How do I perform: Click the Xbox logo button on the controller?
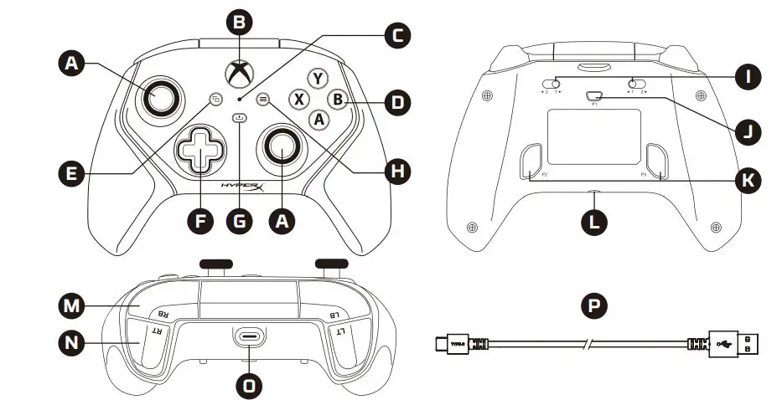[241, 71]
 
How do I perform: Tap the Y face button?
[316, 78]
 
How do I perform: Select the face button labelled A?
[318, 119]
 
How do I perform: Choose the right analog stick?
[281, 147]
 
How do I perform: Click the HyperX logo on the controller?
[242, 187]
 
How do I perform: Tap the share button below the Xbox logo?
[241, 118]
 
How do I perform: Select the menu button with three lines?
[263, 98]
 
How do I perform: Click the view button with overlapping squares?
[216, 98]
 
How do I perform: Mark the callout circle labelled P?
[597, 303]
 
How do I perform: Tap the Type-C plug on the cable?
[454, 343]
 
